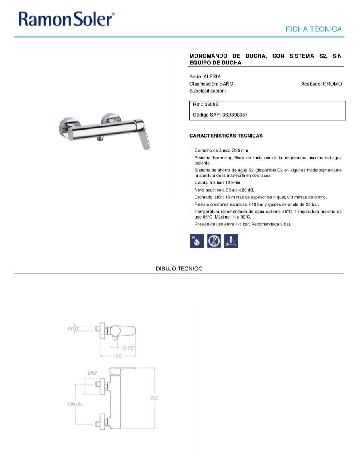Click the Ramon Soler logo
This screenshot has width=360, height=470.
[66, 19]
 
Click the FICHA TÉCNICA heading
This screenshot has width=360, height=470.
[313, 29]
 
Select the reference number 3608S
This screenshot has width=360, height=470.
[212, 104]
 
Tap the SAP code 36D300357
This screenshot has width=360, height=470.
[235, 115]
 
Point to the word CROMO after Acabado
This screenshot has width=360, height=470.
[332, 84]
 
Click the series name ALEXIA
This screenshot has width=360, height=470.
[212, 76]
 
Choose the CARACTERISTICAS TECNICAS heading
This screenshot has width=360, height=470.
[226, 136]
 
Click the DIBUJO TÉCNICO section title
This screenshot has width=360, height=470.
[179, 268]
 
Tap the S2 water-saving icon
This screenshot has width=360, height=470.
[197, 241]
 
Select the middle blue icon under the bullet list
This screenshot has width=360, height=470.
[214, 241]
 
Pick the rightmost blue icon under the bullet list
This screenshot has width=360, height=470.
[231, 241]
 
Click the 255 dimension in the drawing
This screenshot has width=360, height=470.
[154, 398]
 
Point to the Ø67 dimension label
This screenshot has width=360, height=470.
[93, 373]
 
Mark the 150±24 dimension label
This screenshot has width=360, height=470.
[75, 404]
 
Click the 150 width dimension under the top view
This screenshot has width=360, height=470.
[117, 356]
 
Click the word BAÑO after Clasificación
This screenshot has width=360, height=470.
[226, 84]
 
